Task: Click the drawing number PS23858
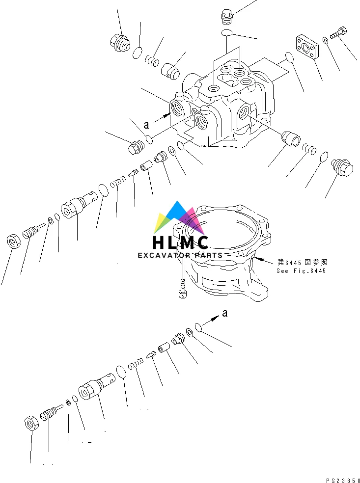pyautogui.click(x=342, y=479)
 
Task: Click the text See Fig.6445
pyautogui.click(x=301, y=270)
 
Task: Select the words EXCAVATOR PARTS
pyautogui.click(x=180, y=255)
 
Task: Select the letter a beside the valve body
pyautogui.click(x=146, y=125)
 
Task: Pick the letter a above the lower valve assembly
pyautogui.click(x=224, y=313)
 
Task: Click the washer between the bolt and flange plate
pyautogui.click(x=326, y=40)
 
